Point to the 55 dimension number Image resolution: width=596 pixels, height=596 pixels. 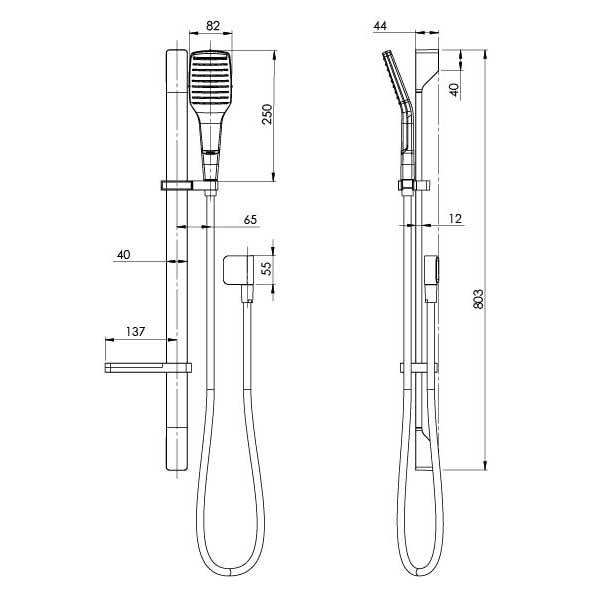[x=265, y=268]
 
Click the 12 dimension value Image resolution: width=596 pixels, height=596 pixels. [x=456, y=217]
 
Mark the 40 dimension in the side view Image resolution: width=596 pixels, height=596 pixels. [x=455, y=88]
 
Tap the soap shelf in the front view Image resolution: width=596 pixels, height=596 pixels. [x=145, y=368]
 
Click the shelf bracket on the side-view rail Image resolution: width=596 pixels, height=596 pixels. [x=418, y=368]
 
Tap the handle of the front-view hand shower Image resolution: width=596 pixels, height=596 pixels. [x=211, y=134]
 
